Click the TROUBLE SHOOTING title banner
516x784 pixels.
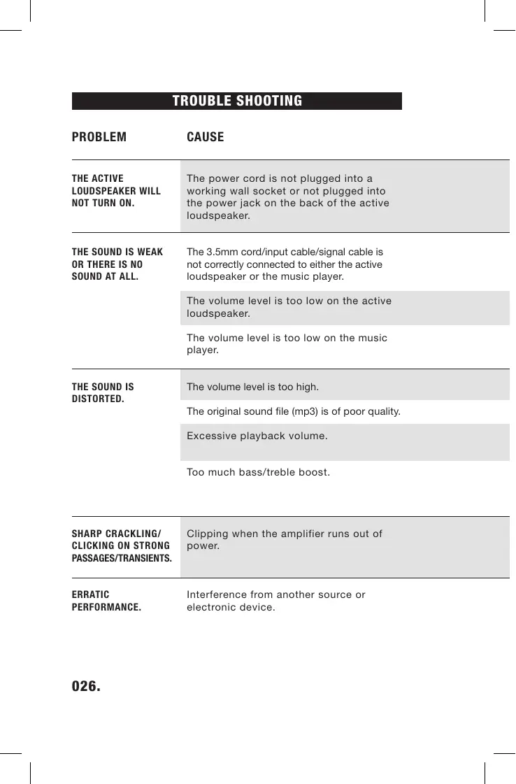[236, 101]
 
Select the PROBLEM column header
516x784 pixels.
[99, 137]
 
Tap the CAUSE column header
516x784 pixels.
[205, 137]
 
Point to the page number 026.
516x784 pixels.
[86, 686]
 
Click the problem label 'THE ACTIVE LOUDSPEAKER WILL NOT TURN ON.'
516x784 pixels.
[116, 191]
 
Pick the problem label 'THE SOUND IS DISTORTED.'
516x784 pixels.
[103, 393]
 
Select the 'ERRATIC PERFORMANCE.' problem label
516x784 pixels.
[106, 601]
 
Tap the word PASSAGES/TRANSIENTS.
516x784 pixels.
[122, 558]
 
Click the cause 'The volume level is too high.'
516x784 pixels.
[252, 387]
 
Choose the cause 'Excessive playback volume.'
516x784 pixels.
[257, 436]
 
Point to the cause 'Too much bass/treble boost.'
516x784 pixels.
[258, 472]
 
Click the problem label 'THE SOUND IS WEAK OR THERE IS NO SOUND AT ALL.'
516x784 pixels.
[117, 264]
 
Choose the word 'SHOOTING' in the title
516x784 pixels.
[269, 101]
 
